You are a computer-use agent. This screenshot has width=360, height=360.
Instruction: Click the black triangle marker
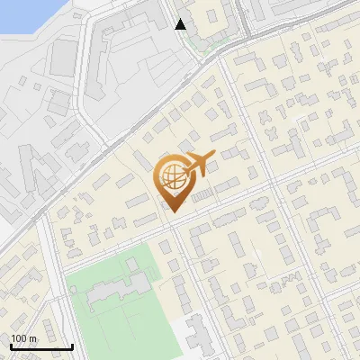click(x=181, y=24)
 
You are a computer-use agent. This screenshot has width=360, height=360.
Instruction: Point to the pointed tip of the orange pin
click(x=172, y=211)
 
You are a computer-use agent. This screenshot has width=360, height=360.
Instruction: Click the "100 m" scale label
click(x=23, y=338)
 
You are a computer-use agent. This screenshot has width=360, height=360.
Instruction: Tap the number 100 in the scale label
click(x=19, y=338)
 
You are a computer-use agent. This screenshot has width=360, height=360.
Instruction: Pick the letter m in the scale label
click(x=32, y=338)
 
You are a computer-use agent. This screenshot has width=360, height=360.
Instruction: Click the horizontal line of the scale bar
click(x=41, y=346)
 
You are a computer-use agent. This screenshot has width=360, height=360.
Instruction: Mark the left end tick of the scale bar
click(x=10, y=345)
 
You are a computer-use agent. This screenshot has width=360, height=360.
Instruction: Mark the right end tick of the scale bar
click(x=73, y=345)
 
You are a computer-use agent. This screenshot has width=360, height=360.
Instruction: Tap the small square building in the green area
click(x=132, y=264)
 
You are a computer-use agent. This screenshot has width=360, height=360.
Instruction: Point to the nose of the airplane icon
click(x=215, y=157)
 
